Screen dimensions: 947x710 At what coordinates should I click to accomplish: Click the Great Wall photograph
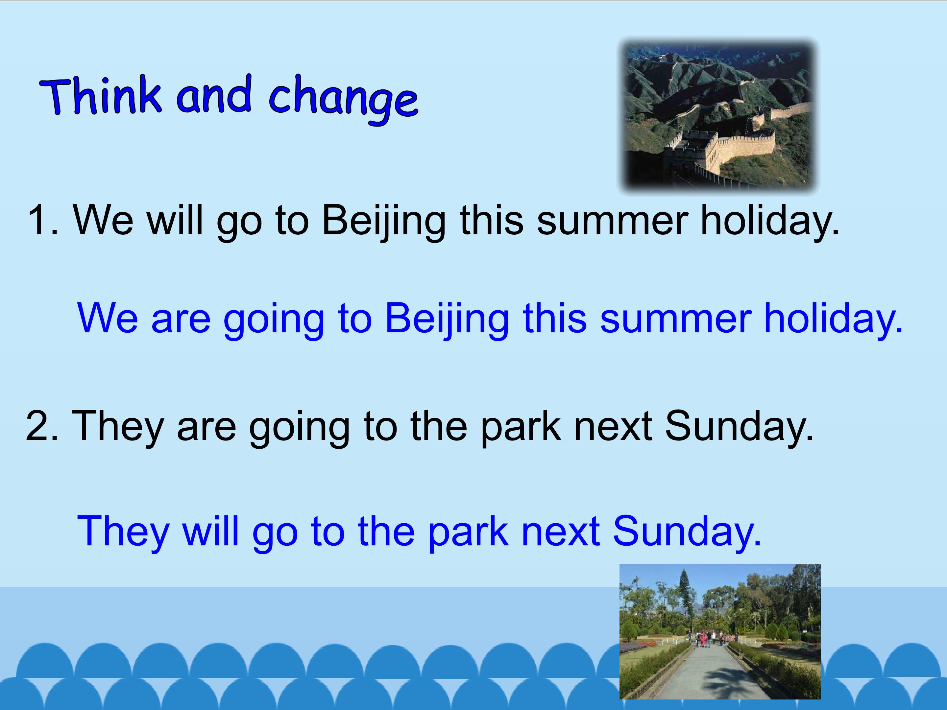[x=717, y=116]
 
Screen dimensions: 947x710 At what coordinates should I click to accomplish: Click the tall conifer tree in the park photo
[x=684, y=599]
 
